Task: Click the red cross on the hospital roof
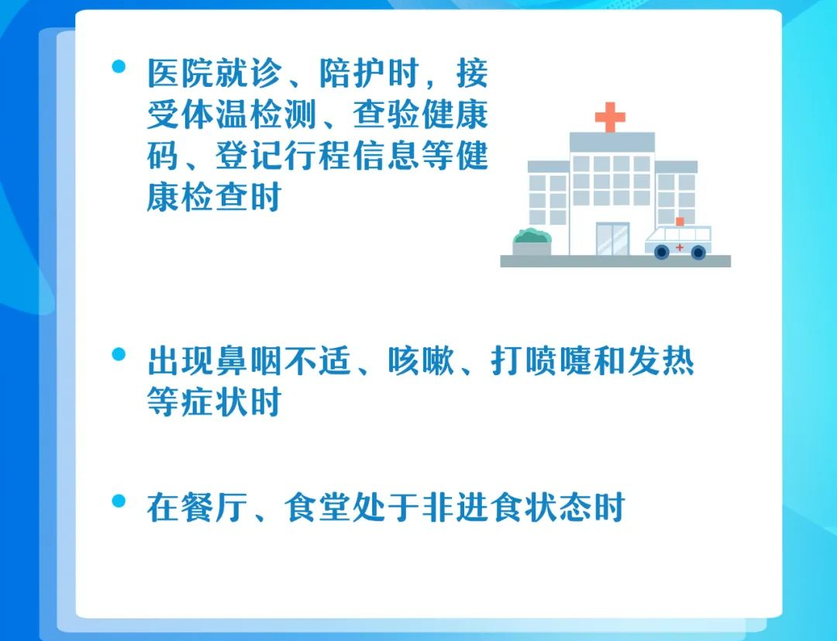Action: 610,117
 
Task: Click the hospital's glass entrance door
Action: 612,239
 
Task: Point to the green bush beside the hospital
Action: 532,236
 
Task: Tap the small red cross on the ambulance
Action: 680,247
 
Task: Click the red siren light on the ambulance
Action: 680,222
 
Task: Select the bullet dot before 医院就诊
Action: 119,66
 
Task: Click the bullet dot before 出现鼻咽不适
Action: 119,354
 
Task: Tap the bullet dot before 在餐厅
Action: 119,501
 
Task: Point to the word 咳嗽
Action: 421,361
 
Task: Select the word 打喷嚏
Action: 541,361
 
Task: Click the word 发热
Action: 660,361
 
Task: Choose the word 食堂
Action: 317,508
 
